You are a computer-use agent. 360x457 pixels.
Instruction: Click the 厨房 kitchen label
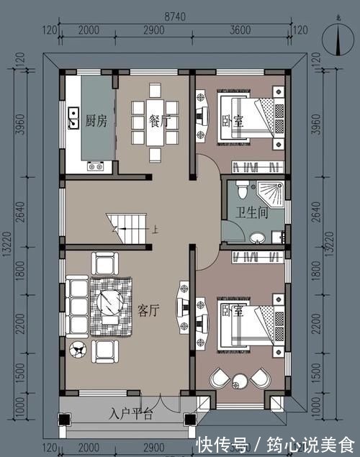click(96, 121)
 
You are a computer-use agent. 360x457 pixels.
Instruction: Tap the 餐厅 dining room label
click(158, 121)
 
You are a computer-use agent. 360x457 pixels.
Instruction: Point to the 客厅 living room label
click(148, 309)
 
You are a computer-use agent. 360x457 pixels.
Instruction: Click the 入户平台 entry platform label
click(132, 414)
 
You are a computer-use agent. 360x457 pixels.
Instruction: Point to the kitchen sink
click(73, 118)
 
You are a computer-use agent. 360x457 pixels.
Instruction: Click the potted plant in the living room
click(77, 350)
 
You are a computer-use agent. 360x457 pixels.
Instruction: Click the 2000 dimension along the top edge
click(89, 30)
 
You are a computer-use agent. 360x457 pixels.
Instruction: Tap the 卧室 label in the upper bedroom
click(232, 122)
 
